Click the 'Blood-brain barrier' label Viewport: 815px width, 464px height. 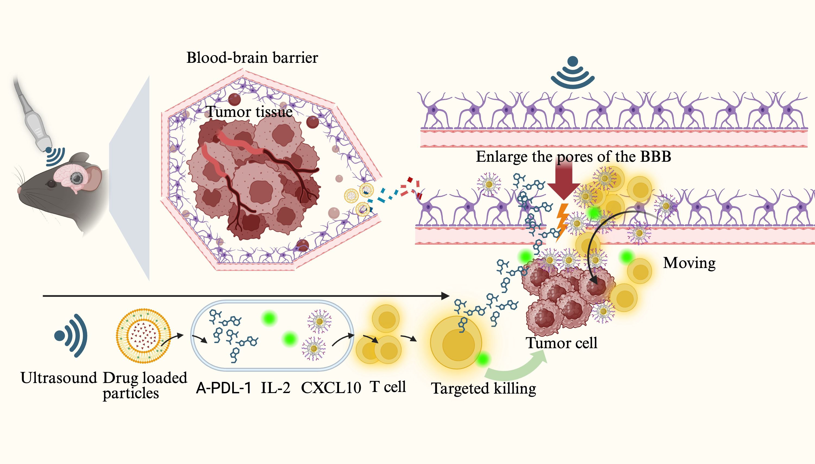(x=252, y=58)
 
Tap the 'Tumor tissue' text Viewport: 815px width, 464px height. (x=249, y=111)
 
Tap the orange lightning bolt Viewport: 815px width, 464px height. (x=562, y=220)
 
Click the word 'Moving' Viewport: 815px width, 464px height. (x=689, y=263)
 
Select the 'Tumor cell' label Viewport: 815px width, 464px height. (x=561, y=343)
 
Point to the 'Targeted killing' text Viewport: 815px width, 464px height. (x=483, y=388)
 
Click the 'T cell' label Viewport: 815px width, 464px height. (x=388, y=387)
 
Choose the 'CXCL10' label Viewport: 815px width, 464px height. (x=331, y=388)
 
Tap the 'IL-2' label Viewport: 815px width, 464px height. (x=275, y=388)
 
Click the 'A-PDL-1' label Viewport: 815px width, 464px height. (x=223, y=388)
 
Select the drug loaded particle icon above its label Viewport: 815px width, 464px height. (x=143, y=336)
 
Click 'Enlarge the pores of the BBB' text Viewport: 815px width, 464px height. (x=573, y=157)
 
